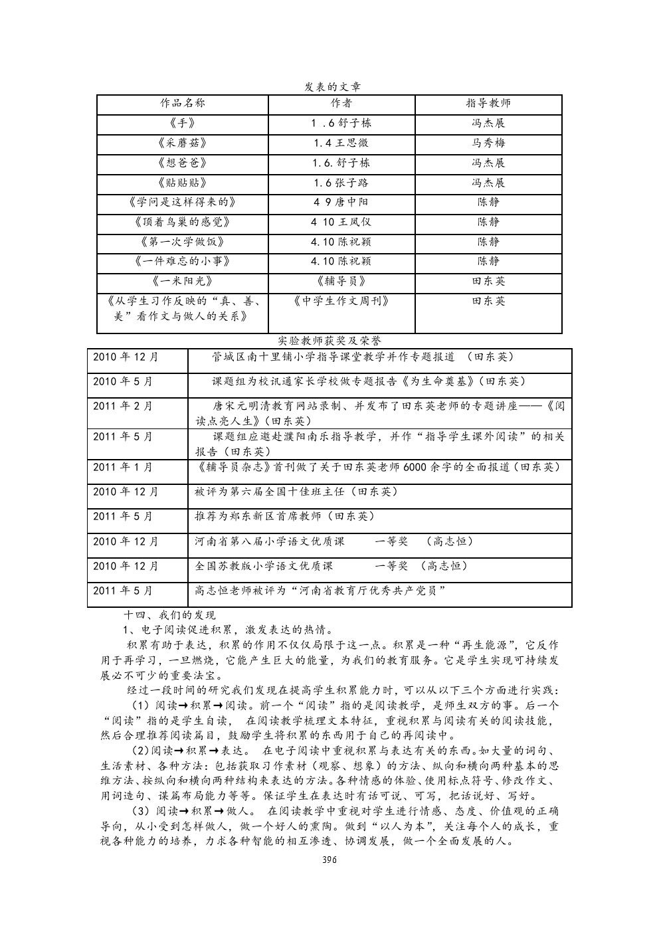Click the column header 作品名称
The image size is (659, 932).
tap(183, 104)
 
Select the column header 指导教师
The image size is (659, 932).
tap(488, 104)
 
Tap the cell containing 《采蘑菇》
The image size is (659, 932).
tap(183, 143)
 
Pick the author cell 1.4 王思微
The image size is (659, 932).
tap(341, 143)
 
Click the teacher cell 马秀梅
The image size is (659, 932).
tap(488, 143)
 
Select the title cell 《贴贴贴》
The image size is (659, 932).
tap(183, 183)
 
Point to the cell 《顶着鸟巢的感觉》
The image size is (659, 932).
tap(183, 222)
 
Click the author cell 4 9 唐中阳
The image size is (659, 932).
tap(341, 202)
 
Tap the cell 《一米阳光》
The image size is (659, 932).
tap(183, 281)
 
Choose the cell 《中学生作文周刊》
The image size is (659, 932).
tap(341, 301)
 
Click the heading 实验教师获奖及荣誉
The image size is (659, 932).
tap(329, 340)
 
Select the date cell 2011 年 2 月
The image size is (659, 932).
tap(123, 406)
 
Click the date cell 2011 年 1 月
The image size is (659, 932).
tap(123, 467)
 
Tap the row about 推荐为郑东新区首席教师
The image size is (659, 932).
tap(285, 516)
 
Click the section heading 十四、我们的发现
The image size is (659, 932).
tap(171, 615)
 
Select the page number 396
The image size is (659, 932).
tap(329, 860)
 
